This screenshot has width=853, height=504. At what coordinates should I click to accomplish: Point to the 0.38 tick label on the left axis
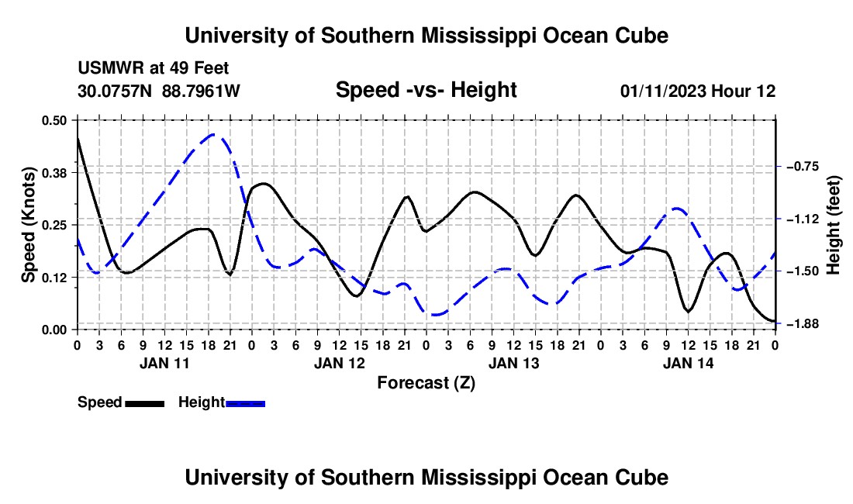[54, 173]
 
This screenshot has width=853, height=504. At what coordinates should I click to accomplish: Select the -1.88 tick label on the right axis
[803, 324]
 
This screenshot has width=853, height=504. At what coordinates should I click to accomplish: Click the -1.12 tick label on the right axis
[803, 219]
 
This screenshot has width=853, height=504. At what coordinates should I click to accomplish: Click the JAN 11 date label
[164, 363]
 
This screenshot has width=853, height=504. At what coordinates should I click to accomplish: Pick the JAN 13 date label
[513, 363]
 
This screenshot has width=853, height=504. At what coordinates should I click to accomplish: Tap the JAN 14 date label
[688, 363]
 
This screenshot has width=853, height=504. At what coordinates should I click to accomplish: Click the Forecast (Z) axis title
[426, 383]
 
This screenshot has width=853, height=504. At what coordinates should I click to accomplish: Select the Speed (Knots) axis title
[28, 225]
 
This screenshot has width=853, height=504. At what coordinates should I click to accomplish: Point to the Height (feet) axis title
[834, 225]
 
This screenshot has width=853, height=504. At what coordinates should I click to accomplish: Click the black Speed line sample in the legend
[145, 404]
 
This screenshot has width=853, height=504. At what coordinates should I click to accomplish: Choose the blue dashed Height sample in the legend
[245, 404]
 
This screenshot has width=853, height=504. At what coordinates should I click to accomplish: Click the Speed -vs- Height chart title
[426, 90]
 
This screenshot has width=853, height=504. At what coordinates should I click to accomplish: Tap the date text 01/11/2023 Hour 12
[698, 91]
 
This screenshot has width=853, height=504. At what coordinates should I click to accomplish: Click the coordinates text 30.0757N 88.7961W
[159, 91]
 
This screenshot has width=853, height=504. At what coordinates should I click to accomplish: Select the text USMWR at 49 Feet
[154, 68]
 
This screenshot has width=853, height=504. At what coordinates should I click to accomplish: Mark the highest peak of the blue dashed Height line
[212, 134]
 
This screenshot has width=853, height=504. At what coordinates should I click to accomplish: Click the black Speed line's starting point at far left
[78, 138]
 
